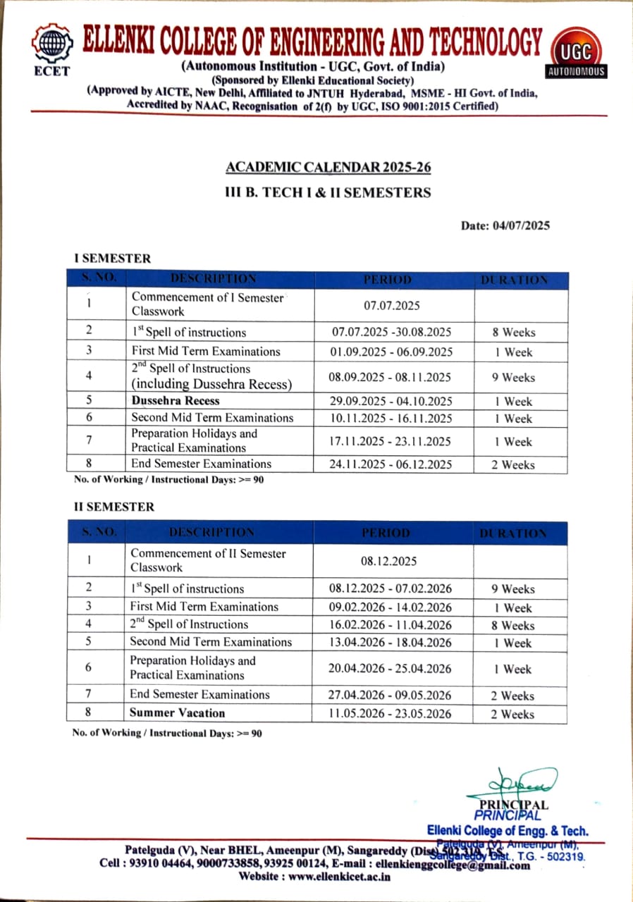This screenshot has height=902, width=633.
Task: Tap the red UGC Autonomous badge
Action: (x=576, y=55)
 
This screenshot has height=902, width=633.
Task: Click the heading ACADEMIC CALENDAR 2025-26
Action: (x=328, y=168)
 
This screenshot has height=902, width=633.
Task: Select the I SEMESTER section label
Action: (x=113, y=259)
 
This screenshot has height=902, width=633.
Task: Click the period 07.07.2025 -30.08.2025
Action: (x=392, y=332)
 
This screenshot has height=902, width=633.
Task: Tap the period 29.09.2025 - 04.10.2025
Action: (x=392, y=402)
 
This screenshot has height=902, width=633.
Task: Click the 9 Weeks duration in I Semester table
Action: (x=514, y=377)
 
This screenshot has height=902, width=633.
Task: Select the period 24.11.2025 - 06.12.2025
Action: (x=392, y=464)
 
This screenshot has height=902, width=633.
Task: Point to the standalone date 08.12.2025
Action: (x=391, y=562)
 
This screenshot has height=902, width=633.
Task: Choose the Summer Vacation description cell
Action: (x=177, y=712)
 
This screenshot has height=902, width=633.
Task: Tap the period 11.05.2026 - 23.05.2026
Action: (x=391, y=713)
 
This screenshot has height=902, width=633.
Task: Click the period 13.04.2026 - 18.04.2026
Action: (x=391, y=642)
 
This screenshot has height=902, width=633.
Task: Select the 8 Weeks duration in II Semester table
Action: (x=513, y=625)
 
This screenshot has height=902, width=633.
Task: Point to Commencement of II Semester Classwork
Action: (x=209, y=560)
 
